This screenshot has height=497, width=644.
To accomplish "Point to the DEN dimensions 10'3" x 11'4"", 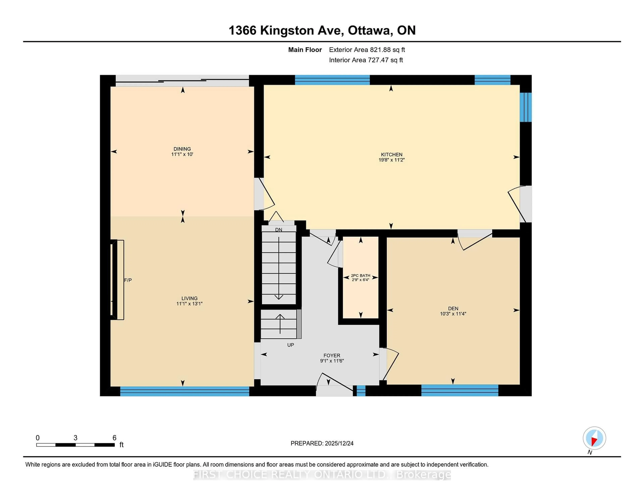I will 453,314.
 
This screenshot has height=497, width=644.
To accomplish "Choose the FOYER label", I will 332,355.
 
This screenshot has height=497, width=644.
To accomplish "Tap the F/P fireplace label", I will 128,280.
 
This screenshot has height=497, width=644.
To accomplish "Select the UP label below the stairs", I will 290,345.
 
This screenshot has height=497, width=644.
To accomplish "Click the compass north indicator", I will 594,438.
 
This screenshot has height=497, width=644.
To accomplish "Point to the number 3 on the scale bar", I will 75,438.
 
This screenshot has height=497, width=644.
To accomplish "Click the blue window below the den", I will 459,390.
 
